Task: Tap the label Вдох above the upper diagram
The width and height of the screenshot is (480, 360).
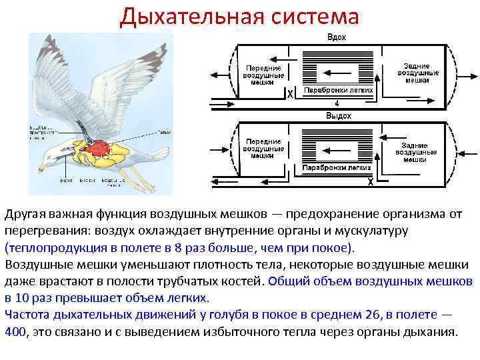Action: tap(336, 37)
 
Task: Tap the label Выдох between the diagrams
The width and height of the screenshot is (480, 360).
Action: tap(338, 115)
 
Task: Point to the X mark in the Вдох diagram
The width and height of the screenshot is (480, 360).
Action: tap(290, 95)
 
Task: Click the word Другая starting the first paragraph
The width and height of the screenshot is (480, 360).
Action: tap(26, 214)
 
